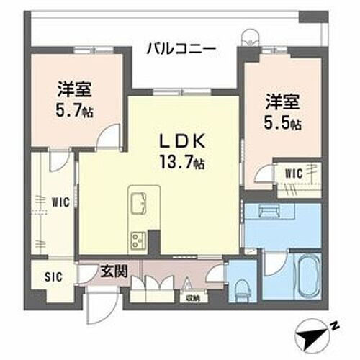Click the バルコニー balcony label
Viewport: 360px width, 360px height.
point(181,50)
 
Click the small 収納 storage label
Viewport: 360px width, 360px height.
point(192,297)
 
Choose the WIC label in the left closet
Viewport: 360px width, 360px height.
point(60,202)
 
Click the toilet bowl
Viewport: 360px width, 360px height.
point(240,287)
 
